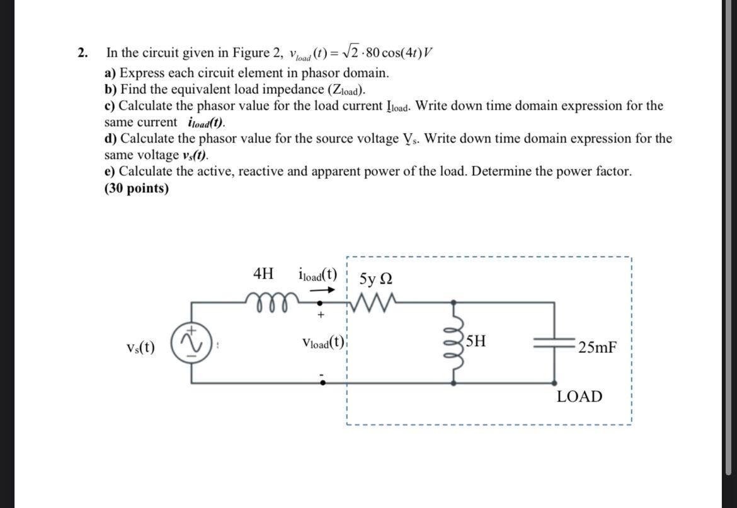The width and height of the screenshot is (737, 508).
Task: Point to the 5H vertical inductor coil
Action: pos(455,342)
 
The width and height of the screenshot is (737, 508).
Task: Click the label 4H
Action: pos(263,274)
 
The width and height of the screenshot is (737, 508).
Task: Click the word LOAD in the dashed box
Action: pos(579,396)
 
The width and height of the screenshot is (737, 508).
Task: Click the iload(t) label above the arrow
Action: pos(317,275)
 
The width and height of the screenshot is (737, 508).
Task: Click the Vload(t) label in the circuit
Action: pos(324,343)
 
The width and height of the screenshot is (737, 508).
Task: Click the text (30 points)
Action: pos(137,188)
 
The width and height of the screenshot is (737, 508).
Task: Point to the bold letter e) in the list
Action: pos(110,171)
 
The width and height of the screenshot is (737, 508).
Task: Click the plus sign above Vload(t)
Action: pos(321,313)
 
